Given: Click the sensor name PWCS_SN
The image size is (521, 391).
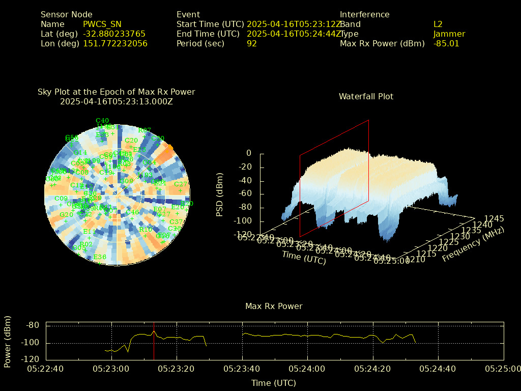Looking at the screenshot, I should click(x=102, y=24).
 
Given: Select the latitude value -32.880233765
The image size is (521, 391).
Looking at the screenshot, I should click(x=114, y=34).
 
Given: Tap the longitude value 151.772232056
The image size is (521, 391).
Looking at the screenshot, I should click(x=115, y=44).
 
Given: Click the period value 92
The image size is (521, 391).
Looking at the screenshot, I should click(x=252, y=44).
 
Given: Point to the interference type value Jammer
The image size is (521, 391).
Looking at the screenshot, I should click(x=449, y=34).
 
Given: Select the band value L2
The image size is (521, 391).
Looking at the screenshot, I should click(x=438, y=24).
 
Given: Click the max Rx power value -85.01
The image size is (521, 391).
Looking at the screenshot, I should click(x=446, y=44).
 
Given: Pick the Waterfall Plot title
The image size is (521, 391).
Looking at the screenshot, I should click(x=366, y=96).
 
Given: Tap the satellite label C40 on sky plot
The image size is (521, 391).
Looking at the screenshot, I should click(x=102, y=121).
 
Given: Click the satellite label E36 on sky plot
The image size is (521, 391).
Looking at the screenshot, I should click(x=100, y=257).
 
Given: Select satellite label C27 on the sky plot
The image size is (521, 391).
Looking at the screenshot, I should click(x=181, y=184).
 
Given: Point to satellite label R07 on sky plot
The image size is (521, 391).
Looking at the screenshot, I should click(x=145, y=130).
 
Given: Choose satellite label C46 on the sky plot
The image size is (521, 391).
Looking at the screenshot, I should click(x=132, y=212).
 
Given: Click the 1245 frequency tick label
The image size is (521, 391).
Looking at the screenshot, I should click(x=494, y=218).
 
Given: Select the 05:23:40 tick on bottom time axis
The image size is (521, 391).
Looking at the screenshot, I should click(x=243, y=368).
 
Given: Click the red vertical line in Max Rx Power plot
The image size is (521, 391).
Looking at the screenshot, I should click(x=154, y=341).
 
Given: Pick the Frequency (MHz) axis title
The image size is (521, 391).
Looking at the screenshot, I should click(x=473, y=245).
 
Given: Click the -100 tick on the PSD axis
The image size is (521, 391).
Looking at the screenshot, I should click(x=242, y=221).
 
